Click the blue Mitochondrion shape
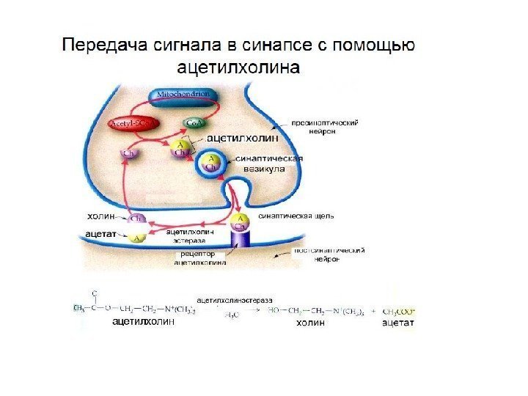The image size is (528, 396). point(180,95)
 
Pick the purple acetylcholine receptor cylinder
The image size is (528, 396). point(241,240)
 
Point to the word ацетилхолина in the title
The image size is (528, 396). point(239,68)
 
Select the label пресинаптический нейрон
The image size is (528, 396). point(323,128)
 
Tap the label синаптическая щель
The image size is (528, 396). point(297,216)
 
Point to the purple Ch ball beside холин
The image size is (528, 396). point(136,218)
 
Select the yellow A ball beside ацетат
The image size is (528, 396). point(136,237)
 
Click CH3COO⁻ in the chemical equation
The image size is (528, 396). point(399,311)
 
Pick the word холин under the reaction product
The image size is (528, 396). point(310,322)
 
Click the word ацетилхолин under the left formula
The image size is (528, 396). point(145,322)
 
